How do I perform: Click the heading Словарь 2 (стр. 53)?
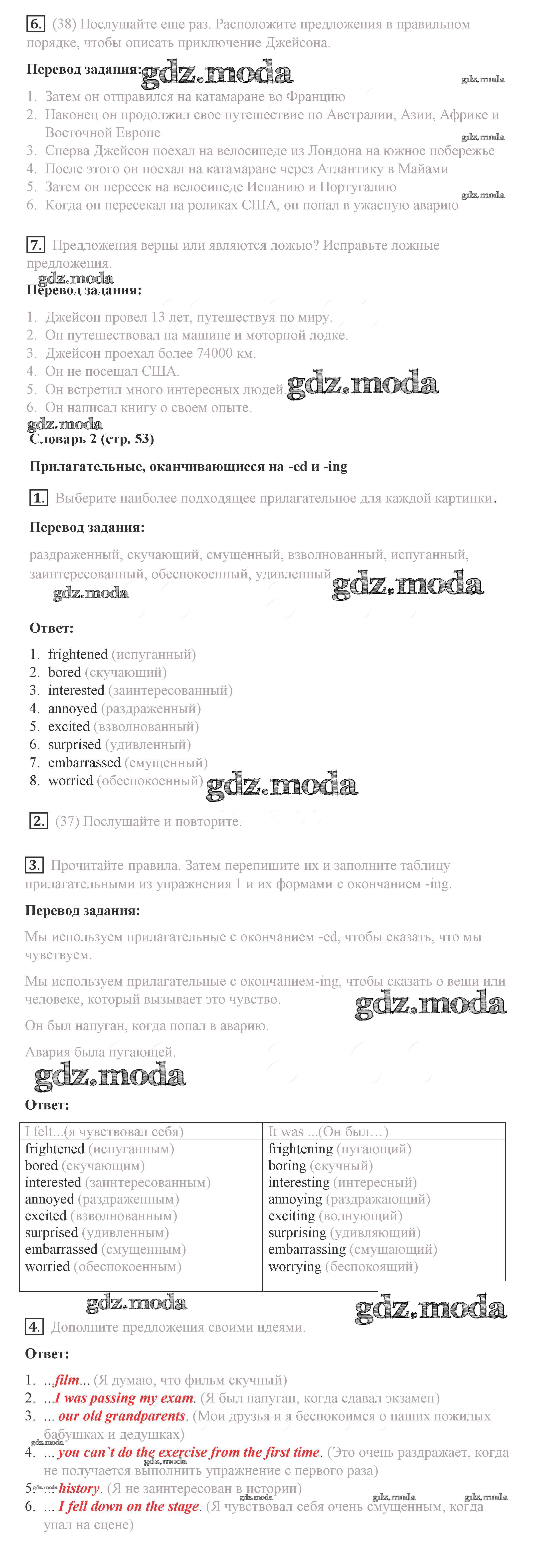pos(92,439)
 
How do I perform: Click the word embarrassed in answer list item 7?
pos(84,763)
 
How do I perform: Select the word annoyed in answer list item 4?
pos(72,709)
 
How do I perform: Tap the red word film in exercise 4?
pos(67,1380)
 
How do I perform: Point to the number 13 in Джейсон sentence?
pos(158,317)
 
